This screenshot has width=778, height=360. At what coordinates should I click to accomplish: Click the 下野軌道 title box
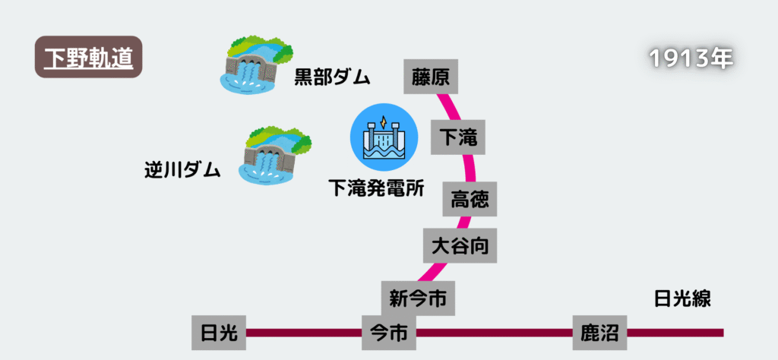click(89, 58)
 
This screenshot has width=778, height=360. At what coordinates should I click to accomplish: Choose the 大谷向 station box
click(460, 245)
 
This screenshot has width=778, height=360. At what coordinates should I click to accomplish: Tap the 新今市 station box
click(418, 297)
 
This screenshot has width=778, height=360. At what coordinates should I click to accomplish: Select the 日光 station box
click(219, 333)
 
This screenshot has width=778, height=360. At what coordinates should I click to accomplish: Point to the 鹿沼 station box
click(599, 333)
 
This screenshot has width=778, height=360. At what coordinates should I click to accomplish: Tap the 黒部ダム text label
click(332, 77)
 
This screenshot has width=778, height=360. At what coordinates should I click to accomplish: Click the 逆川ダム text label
click(182, 169)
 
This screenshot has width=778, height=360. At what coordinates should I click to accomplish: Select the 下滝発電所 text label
click(375, 188)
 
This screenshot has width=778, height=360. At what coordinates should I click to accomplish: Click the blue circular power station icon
click(384, 137)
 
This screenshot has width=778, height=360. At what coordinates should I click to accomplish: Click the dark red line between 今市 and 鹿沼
click(494, 333)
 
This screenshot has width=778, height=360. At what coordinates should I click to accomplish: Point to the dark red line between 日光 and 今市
click(304, 333)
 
